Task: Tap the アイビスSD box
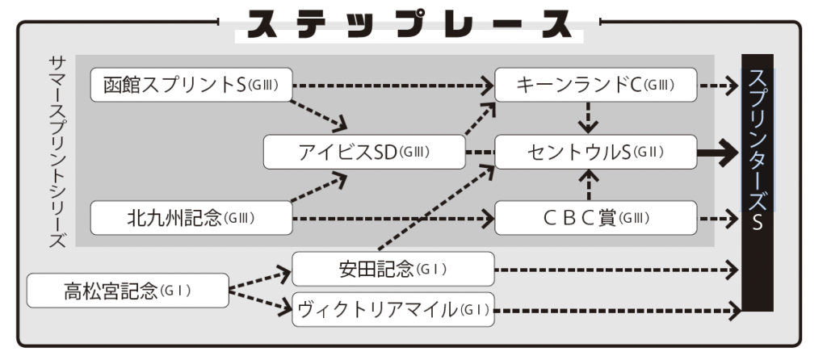[x=365, y=152]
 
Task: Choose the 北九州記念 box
[x=191, y=217]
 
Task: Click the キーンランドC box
[x=595, y=85]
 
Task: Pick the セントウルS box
[x=595, y=152]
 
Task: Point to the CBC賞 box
[x=595, y=217]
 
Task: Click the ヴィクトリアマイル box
[x=393, y=309]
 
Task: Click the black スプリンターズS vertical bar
[x=757, y=182]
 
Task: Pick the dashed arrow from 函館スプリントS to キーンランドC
[x=393, y=83]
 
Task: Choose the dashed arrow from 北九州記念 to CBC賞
[x=393, y=217]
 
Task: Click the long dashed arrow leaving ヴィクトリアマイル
[x=618, y=309]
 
